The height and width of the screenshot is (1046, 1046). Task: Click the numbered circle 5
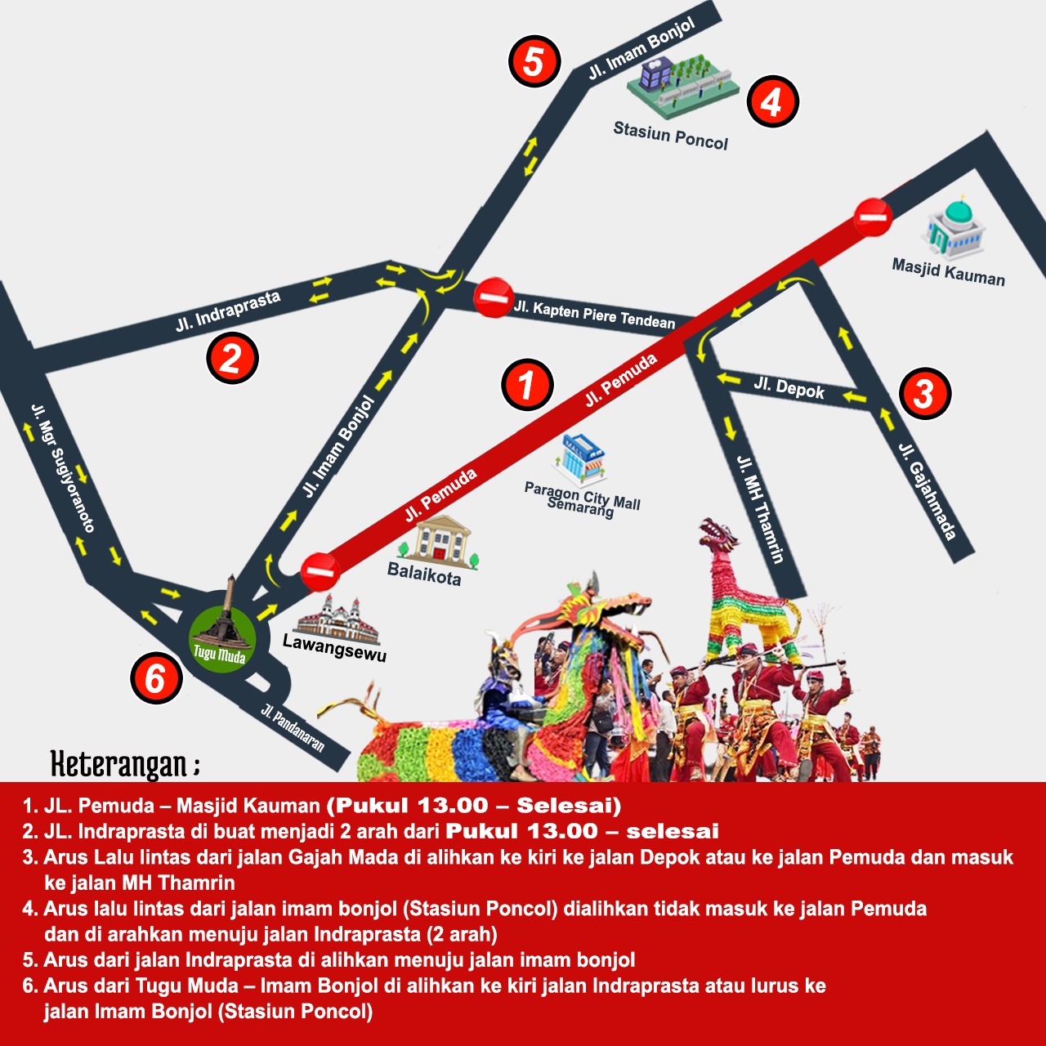tap(534, 61)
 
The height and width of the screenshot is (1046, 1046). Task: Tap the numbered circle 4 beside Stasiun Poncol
tap(772, 101)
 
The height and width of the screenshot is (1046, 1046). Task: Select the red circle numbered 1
tap(527, 384)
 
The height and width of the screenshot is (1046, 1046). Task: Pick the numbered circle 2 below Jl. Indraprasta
tap(232, 358)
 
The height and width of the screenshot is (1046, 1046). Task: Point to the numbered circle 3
tap(925, 393)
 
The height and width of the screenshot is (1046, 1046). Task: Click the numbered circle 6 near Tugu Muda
tap(156, 678)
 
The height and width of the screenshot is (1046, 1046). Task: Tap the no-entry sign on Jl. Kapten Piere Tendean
tap(494, 297)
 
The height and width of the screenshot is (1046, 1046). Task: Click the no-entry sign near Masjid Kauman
tap(873, 217)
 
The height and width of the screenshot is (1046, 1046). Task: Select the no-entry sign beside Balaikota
tap(320, 571)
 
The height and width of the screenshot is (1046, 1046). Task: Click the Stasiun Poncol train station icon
tap(683, 86)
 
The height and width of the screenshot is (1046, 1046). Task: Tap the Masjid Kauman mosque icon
tap(954, 227)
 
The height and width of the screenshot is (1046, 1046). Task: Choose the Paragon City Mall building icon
tap(579, 459)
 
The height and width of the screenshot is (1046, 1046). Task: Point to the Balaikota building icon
tap(440, 543)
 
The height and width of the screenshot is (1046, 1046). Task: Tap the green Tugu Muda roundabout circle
tap(222, 639)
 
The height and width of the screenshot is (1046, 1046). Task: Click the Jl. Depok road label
tap(789, 388)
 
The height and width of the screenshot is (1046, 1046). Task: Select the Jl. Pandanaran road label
tap(293, 728)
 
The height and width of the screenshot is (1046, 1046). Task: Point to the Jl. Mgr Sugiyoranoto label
tap(63, 468)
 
